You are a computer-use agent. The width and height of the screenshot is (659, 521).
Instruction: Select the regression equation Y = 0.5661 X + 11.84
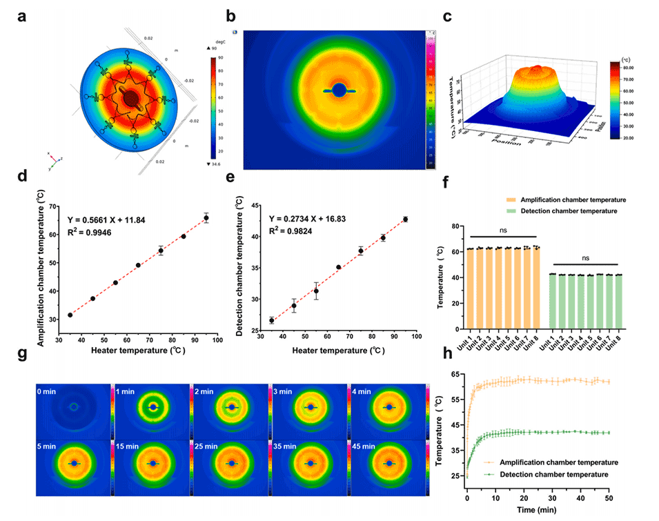tap(116, 221)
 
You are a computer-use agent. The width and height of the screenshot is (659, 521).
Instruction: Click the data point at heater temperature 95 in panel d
tap(206, 218)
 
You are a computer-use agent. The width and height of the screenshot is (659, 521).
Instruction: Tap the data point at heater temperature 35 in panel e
tap(271, 320)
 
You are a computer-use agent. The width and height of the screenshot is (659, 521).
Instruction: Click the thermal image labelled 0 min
tap(73, 406)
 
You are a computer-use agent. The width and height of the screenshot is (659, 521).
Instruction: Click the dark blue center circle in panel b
tap(340, 90)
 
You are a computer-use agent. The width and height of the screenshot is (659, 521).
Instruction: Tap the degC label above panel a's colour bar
tap(223, 41)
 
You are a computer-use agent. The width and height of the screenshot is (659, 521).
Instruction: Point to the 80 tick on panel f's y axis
tap(455, 225)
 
